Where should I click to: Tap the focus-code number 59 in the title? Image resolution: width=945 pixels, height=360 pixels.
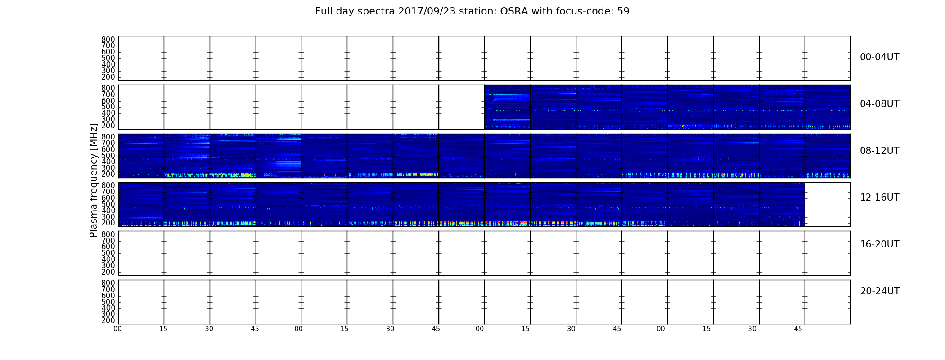coord(623,11)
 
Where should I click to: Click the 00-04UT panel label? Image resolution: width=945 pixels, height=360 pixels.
coord(880,57)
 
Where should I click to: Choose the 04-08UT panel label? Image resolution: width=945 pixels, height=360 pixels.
coord(880,104)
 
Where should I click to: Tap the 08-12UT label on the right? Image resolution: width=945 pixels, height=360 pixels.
coord(880,151)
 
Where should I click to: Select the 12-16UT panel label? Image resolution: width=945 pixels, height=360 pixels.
coord(880,198)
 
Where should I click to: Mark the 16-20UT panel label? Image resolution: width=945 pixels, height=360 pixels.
coord(880,244)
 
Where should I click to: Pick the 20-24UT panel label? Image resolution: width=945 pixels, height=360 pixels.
coord(880,291)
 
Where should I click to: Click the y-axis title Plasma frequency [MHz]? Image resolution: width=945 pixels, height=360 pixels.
coord(94,180)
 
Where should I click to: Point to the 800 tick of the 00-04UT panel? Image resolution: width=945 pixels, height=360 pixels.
coord(108,40)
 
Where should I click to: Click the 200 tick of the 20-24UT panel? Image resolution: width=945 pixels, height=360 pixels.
coord(108,320)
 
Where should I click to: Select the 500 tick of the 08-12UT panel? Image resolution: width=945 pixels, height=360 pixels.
coord(108,156)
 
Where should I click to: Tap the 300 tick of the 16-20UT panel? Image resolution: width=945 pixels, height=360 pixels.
coord(108,265)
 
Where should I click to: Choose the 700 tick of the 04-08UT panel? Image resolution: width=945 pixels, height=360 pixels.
coord(108,94)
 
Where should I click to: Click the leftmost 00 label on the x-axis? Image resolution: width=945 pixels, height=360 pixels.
coord(117,329)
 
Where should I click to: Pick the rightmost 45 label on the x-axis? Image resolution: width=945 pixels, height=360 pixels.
coord(798,329)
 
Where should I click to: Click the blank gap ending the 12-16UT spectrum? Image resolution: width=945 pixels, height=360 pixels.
coord(828,204)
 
